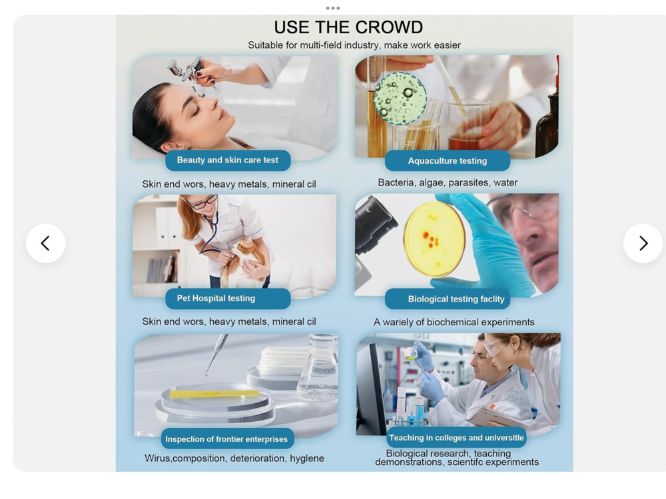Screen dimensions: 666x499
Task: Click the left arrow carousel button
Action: [x=45, y=243]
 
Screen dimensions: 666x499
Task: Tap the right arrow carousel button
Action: [x=643, y=243]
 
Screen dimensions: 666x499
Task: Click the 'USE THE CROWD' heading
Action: [x=348, y=27]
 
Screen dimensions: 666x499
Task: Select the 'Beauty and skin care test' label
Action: [x=228, y=160]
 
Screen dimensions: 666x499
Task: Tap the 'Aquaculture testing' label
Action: [x=448, y=161]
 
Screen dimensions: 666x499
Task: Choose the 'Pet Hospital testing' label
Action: [x=228, y=298]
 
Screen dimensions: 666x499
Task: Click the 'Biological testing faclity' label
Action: [x=448, y=299]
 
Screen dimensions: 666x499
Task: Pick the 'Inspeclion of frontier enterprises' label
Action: [x=227, y=438]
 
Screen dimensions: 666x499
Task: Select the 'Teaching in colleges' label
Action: [x=457, y=438]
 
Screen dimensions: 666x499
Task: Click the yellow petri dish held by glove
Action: [x=434, y=239]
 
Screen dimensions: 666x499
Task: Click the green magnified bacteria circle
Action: [x=400, y=98]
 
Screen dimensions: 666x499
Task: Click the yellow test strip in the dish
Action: [x=214, y=394]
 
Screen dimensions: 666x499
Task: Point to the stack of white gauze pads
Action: [x=284, y=361]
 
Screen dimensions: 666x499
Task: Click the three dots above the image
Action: [x=332, y=8]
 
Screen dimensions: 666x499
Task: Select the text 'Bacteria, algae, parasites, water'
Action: [x=448, y=182]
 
